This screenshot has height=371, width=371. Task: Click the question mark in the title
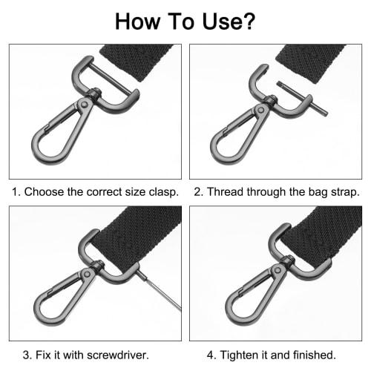coord(248,21)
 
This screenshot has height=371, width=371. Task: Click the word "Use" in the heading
coord(214,21)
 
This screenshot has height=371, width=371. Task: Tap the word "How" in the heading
coord(139,21)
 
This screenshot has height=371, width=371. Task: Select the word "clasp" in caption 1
coord(162,191)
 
